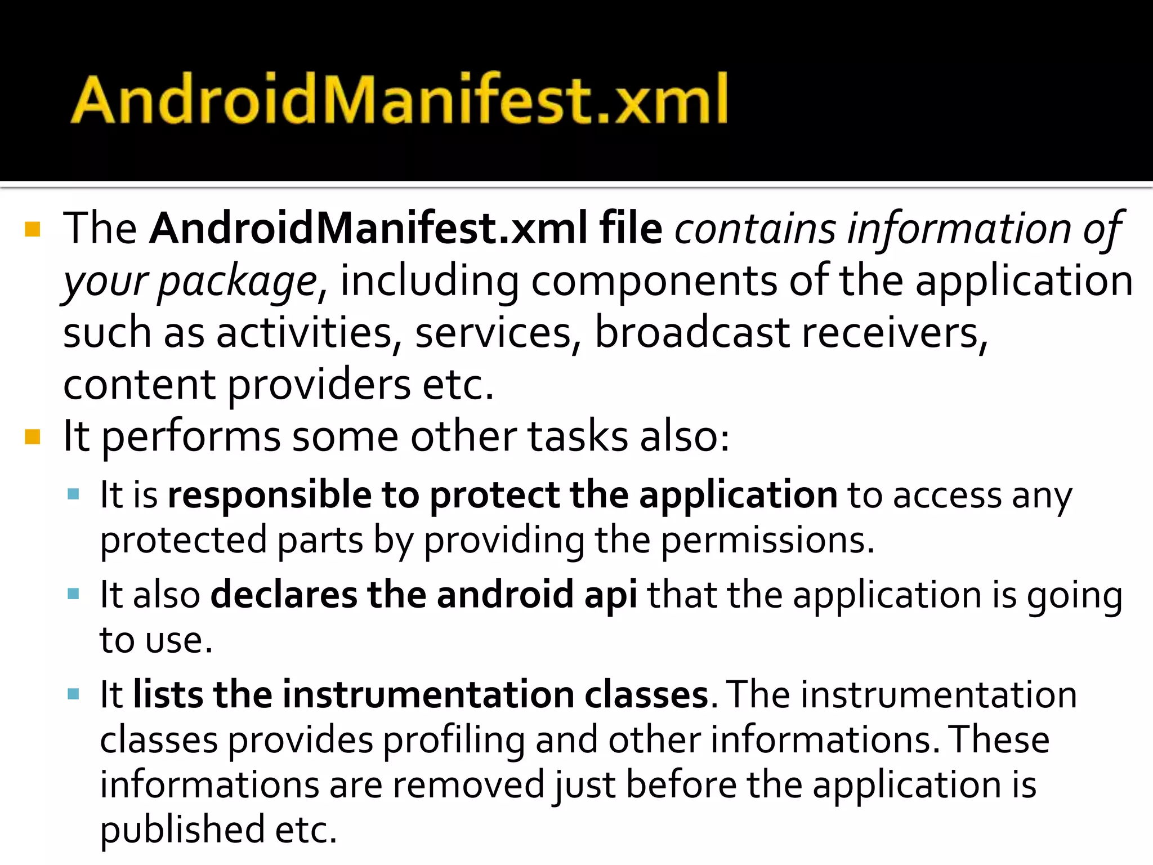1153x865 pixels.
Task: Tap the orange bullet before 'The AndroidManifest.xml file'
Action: [33, 230]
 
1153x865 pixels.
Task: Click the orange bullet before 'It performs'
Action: [33, 437]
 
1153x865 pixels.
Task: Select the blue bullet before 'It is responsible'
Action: [73, 495]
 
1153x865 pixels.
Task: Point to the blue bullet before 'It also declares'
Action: [73, 594]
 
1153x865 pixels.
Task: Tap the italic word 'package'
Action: [238, 282]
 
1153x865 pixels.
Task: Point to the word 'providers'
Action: [319, 385]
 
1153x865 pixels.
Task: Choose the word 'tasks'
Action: [577, 437]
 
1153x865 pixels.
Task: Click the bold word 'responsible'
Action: [270, 495]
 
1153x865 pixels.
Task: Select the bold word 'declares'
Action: [284, 595]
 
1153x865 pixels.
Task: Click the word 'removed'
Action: [468, 784]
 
